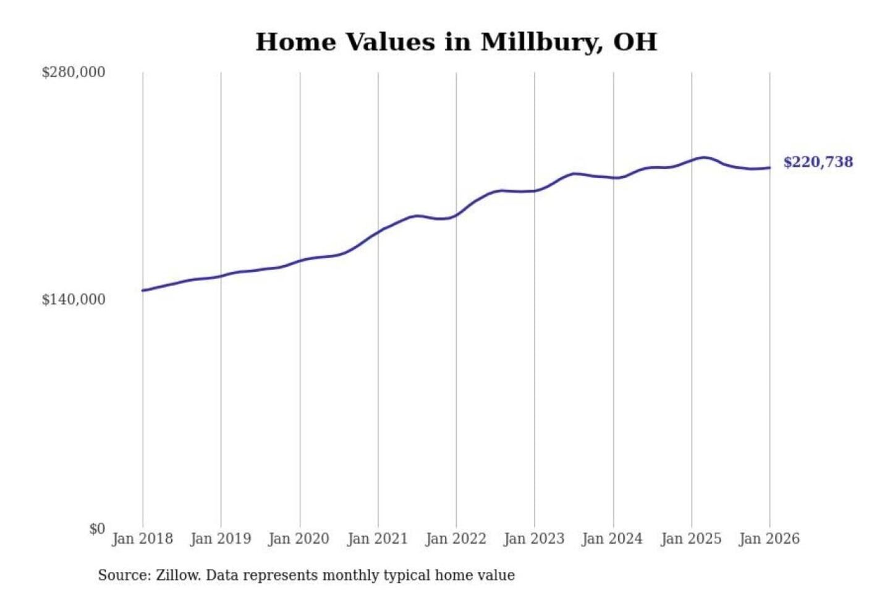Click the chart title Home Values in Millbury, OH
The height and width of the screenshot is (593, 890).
click(456, 42)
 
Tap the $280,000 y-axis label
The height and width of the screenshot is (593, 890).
click(73, 72)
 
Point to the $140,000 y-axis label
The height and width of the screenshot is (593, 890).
click(73, 300)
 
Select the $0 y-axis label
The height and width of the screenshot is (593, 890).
click(97, 529)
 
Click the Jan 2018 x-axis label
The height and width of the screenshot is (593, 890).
click(142, 539)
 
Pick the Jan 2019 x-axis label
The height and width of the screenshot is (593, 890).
click(221, 539)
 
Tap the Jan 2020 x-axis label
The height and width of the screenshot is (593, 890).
click(299, 539)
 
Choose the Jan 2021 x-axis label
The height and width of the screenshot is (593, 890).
click(378, 539)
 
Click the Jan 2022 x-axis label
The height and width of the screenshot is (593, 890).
click(456, 539)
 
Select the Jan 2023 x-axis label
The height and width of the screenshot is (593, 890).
click(534, 539)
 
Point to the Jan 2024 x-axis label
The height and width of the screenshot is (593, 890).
click(612, 539)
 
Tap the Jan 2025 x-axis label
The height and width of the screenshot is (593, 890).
click(691, 539)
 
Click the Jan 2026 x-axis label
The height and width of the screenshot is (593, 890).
click(769, 539)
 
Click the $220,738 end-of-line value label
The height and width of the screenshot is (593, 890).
click(818, 162)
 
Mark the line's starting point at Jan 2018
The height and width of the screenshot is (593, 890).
click(143, 290)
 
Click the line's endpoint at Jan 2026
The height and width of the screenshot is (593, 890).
click(769, 167)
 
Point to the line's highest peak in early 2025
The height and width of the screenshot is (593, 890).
click(703, 158)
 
